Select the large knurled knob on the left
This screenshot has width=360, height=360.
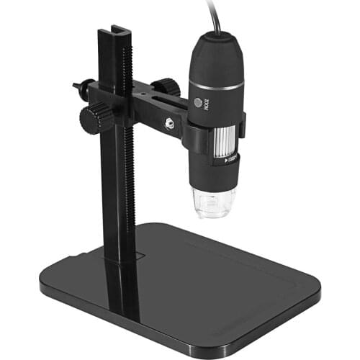pos(91,120)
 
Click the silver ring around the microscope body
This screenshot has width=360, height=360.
pos(216,86)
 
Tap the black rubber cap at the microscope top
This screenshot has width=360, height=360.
pos(215,54)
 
